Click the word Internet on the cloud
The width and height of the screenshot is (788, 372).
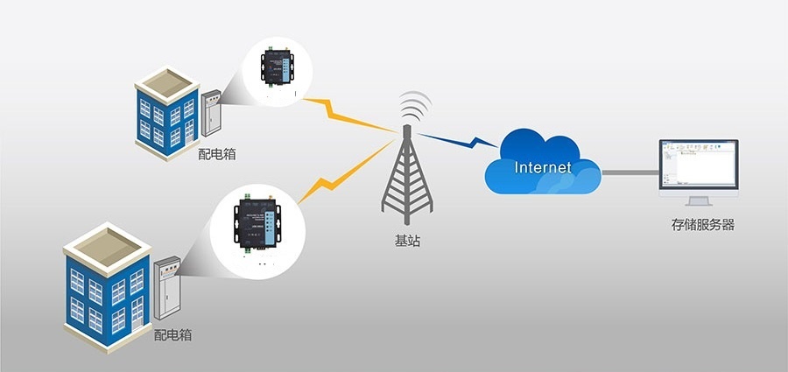click(x=543, y=166)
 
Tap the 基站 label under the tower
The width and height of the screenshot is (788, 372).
click(x=407, y=240)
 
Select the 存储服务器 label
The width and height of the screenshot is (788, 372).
click(x=702, y=225)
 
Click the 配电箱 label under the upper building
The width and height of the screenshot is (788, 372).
click(x=217, y=154)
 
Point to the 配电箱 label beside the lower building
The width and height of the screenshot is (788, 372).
click(x=172, y=334)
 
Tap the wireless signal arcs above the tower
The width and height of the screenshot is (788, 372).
click(x=412, y=107)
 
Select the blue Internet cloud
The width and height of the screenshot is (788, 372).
click(x=543, y=162)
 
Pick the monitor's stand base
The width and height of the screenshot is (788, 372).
click(x=700, y=207)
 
